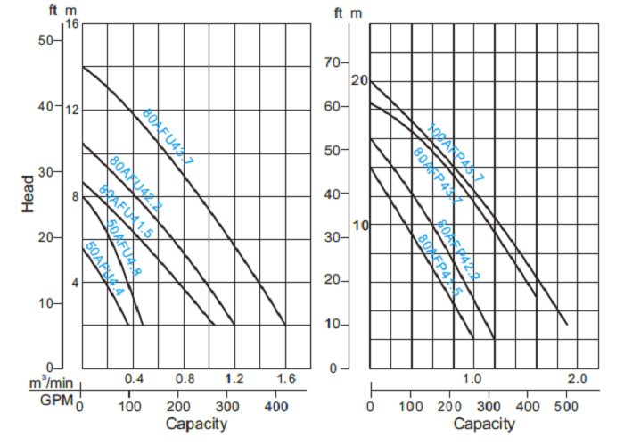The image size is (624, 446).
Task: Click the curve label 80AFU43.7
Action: point(168,136)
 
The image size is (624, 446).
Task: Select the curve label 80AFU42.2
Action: point(135,182)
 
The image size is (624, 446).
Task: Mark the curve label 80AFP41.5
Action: point(439,265)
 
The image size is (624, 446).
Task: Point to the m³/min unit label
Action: point(52,383)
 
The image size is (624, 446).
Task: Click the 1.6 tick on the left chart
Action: point(284,379)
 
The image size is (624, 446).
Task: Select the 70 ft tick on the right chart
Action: point(333,62)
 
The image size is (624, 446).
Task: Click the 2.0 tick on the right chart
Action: point(576,379)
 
